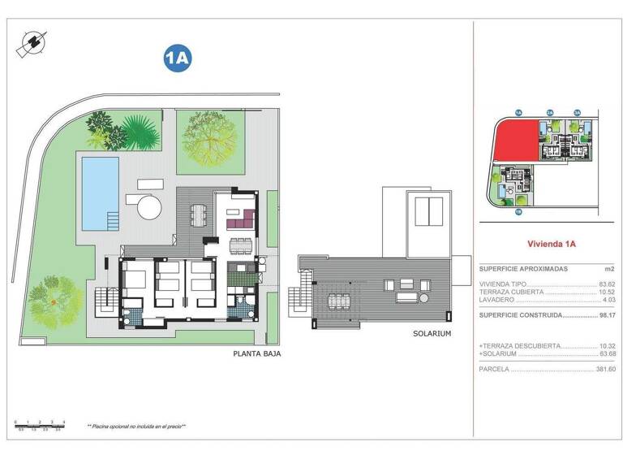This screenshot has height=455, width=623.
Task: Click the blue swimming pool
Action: click(x=100, y=193)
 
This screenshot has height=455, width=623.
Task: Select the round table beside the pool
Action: click(x=148, y=207)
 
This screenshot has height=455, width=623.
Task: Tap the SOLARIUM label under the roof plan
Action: click(x=432, y=333)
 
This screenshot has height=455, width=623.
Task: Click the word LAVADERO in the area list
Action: click(x=496, y=299)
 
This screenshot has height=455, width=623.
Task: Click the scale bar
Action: click(x=40, y=422)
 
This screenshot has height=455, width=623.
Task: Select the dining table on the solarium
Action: click(x=337, y=301)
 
